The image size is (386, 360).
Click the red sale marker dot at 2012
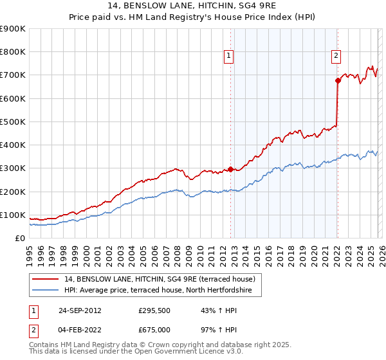point(230,170)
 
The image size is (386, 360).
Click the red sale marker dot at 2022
point(337,81)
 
